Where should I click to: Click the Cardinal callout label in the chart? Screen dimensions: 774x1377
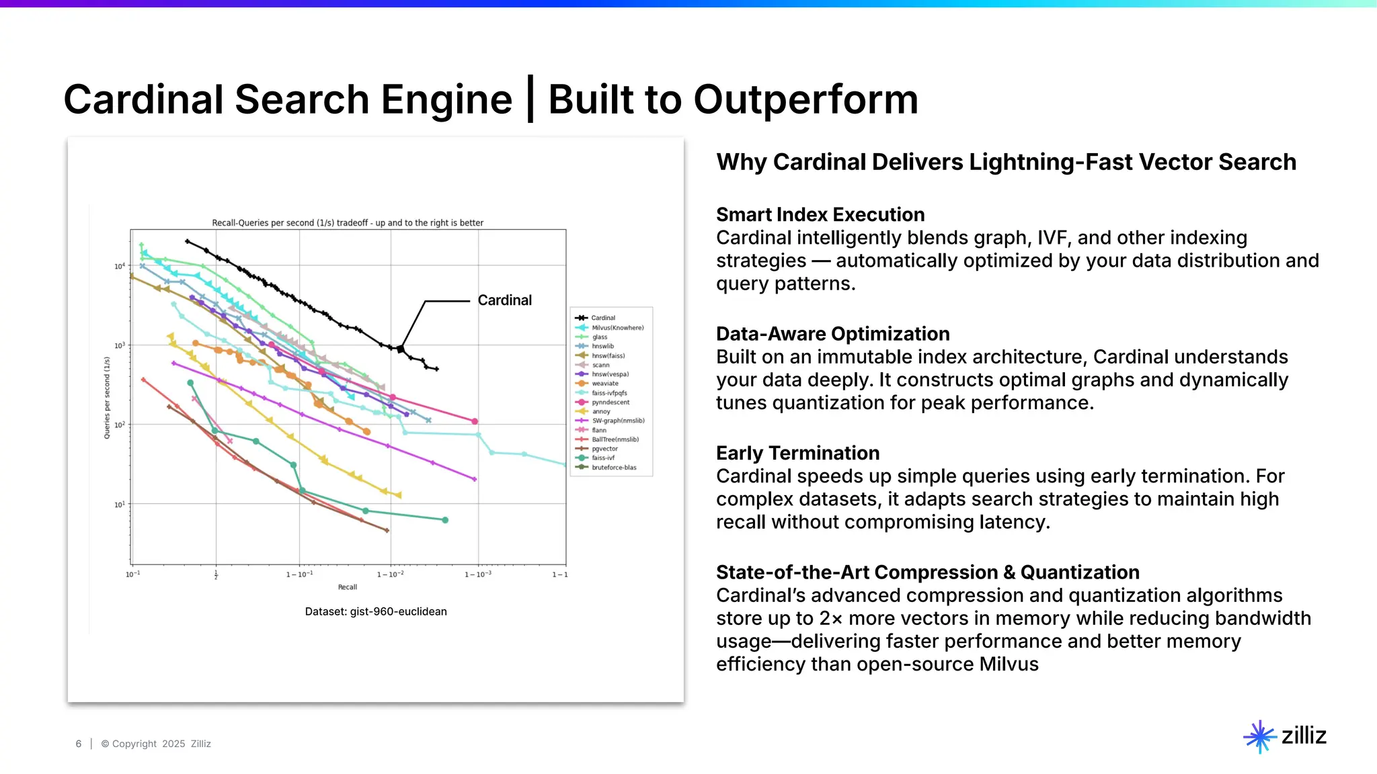pyautogui.click(x=504, y=300)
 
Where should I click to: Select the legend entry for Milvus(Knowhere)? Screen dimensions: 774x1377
pyautogui.click(x=617, y=328)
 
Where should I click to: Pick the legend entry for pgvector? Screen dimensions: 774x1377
pyautogui.click(x=604, y=449)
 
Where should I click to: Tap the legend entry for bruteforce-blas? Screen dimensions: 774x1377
pyautogui.click(x=613, y=468)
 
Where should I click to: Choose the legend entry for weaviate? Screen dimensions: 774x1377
pyautogui.click(x=604, y=384)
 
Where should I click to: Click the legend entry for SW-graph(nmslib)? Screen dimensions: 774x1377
pyautogui.click(x=618, y=421)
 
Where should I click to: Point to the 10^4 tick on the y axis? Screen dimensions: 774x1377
pyautogui.click(x=119, y=267)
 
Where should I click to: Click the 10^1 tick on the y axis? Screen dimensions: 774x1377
pyautogui.click(x=119, y=505)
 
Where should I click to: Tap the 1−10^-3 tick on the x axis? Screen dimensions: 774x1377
pyautogui.click(x=478, y=574)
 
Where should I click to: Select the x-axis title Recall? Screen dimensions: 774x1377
pyautogui.click(x=347, y=587)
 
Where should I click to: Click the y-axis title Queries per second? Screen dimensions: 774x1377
pyautogui.click(x=107, y=398)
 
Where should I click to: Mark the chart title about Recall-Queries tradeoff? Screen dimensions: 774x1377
pyautogui.click(x=348, y=223)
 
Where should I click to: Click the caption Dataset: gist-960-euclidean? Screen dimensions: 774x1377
pyautogui.click(x=375, y=611)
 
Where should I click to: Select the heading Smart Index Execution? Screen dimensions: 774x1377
pyautogui.click(x=820, y=214)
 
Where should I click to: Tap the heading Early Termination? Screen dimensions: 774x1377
pyautogui.click(x=797, y=453)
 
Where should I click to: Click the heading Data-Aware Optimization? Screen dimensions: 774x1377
pyautogui.click(x=832, y=334)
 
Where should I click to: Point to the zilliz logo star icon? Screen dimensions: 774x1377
pyautogui.click(x=1259, y=736)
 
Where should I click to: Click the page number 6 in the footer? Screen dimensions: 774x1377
pyautogui.click(x=79, y=744)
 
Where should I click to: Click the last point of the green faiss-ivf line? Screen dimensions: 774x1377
pyautogui.click(x=445, y=520)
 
